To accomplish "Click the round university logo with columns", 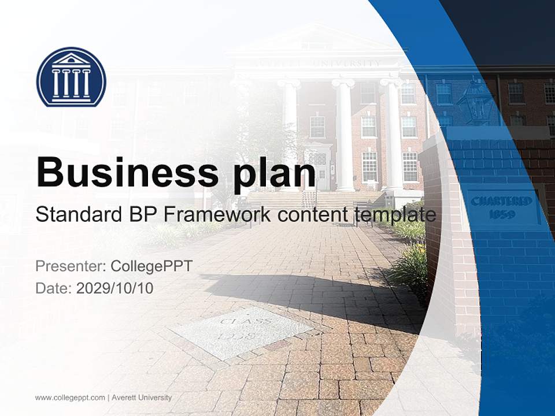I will (x=71, y=77).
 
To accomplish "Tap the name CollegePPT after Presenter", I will (x=151, y=266).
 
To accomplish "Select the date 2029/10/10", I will (x=114, y=288).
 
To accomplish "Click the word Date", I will (x=53, y=288).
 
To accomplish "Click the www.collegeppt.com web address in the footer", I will (x=70, y=398).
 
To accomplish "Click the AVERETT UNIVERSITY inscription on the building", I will (x=341, y=62).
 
